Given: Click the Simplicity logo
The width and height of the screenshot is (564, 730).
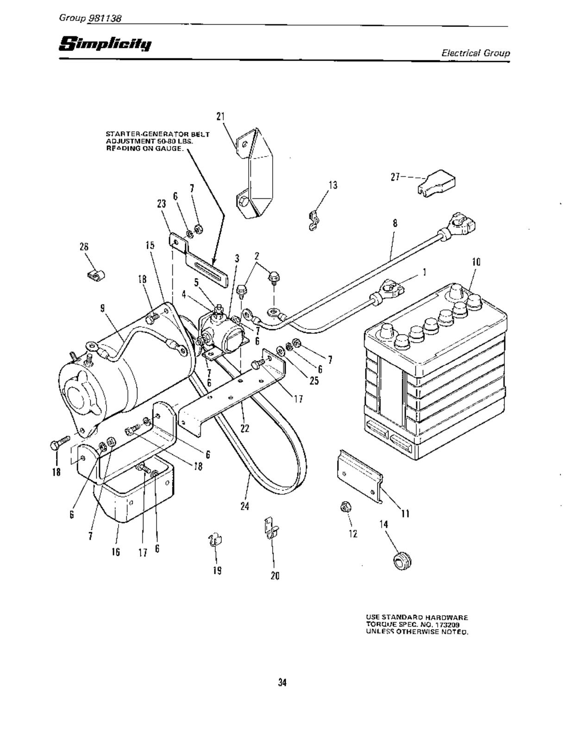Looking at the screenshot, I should click(106, 44).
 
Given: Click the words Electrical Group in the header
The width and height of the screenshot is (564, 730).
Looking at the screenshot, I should click(475, 53).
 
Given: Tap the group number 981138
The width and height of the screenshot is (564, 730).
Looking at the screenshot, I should click(104, 18).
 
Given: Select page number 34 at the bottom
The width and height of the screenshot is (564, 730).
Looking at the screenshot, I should click(282, 682).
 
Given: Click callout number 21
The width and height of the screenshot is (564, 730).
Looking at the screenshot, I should click(220, 116).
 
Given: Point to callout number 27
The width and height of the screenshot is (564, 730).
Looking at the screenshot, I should click(395, 177).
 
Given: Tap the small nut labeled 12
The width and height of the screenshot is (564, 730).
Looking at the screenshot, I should click(344, 507).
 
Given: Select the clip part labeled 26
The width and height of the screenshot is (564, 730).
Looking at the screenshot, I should click(95, 275).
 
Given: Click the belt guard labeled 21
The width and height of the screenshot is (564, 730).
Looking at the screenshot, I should click(254, 176).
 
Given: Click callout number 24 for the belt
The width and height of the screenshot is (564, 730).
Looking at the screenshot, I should click(245, 506).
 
